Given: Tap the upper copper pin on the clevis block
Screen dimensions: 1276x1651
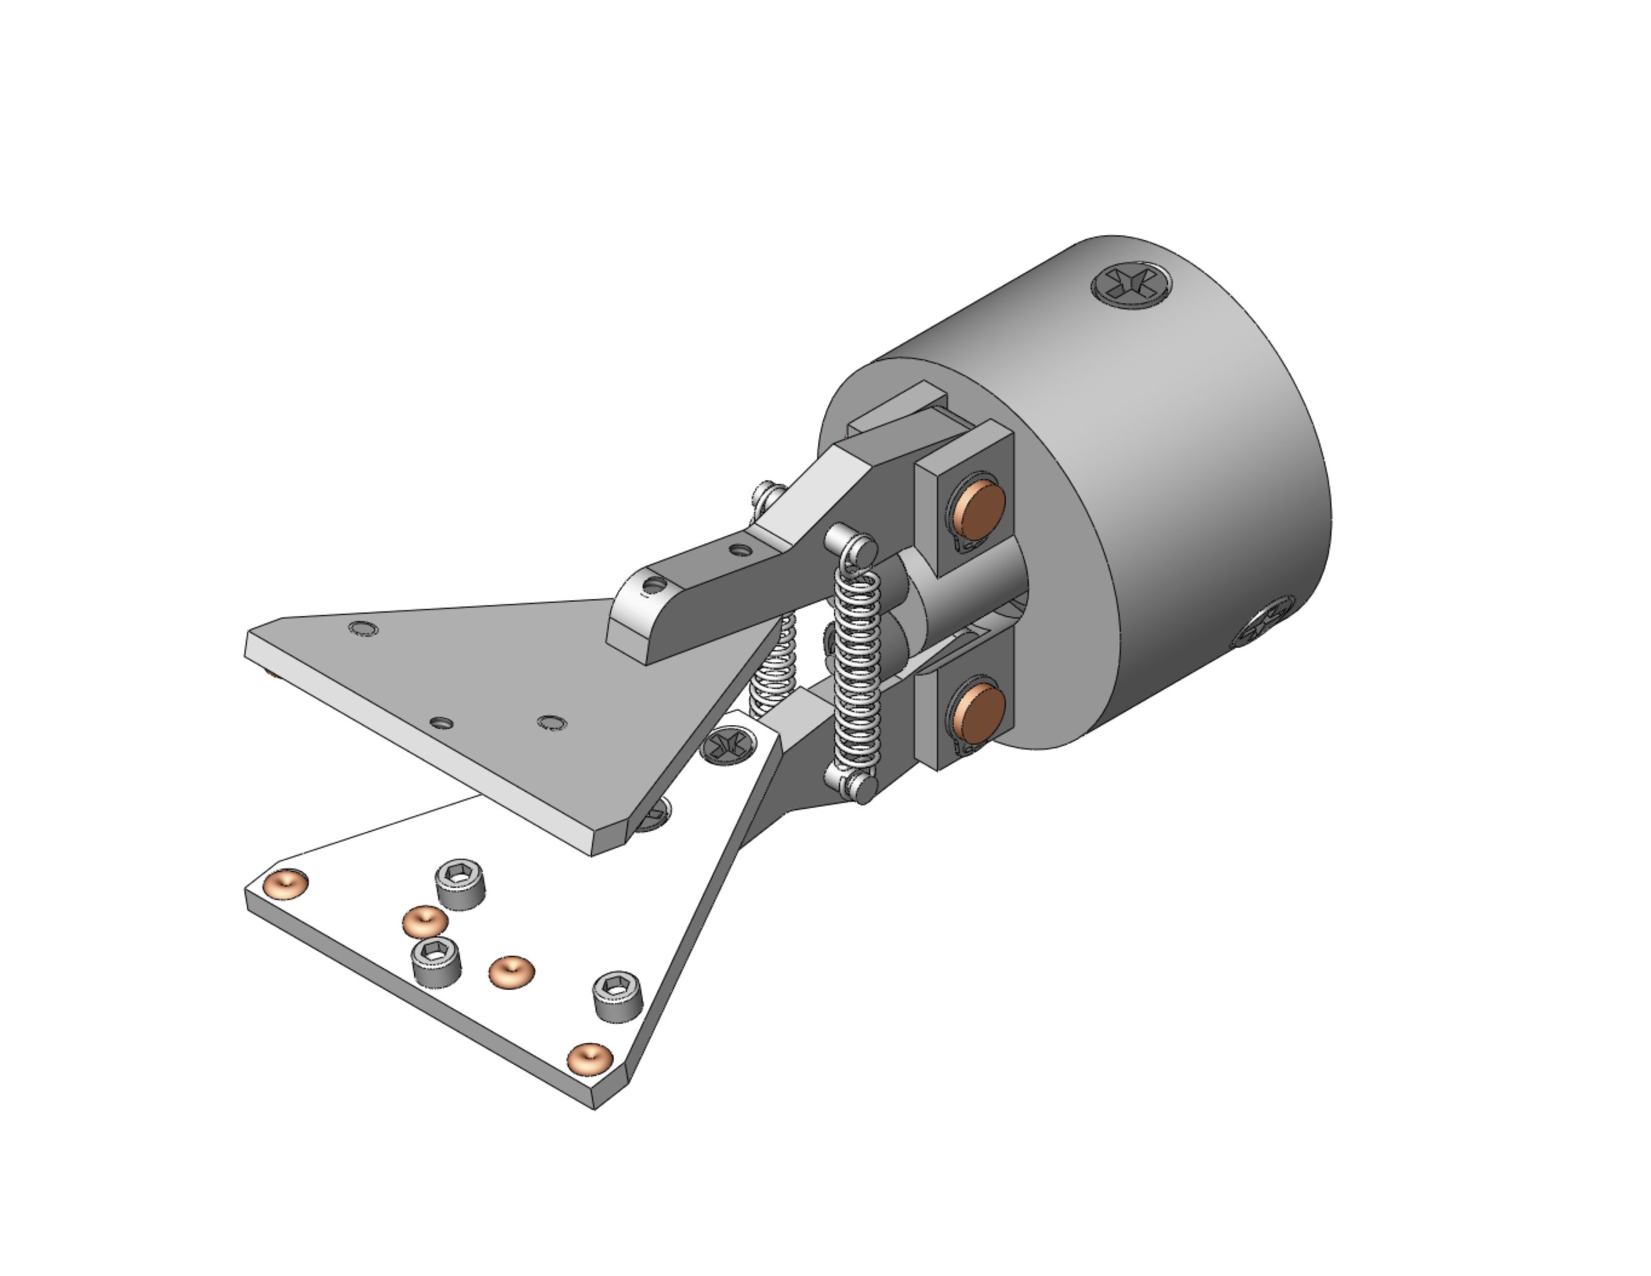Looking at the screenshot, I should tap(980, 508).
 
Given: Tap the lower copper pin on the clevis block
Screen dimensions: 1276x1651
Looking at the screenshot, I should tap(979, 714).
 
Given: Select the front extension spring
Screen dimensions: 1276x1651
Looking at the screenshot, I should tap(856, 666).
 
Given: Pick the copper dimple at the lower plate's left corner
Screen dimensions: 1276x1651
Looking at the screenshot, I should tap(286, 882).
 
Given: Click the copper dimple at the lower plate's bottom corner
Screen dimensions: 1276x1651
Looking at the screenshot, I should tap(589, 1059).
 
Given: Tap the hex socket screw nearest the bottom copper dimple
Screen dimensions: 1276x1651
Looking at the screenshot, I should tap(618, 995).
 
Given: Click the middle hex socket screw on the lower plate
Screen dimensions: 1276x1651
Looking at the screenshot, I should tap(436, 960).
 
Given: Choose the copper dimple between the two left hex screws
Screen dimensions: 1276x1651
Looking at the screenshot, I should tap(425, 921).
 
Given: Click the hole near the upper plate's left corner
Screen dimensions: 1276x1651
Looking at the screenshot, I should tap(364, 628).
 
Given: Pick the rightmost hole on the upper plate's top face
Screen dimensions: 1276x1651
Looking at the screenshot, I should tap(553, 722).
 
